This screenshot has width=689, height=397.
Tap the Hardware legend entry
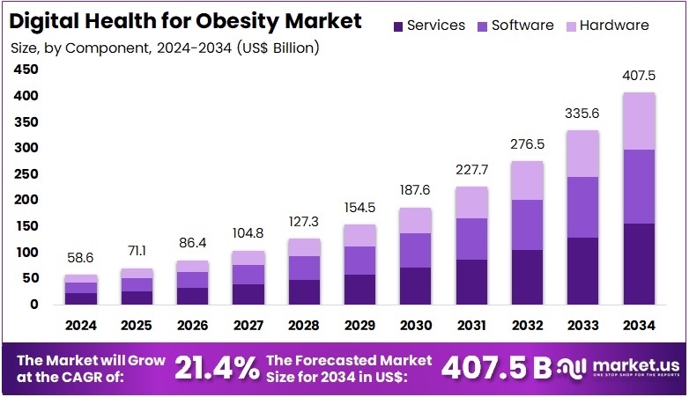(603, 26)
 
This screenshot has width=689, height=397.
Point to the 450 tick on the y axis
(26, 70)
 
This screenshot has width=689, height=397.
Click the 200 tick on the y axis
(26, 200)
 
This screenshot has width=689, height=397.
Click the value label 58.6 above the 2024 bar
(81, 259)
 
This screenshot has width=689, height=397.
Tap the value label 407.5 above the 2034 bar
(639, 76)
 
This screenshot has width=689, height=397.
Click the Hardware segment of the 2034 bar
(639, 121)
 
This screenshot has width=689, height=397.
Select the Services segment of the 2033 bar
(583, 270)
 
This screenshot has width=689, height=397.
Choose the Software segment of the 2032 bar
(528, 224)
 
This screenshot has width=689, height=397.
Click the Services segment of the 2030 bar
(416, 285)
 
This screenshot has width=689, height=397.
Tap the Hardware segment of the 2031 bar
(472, 202)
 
